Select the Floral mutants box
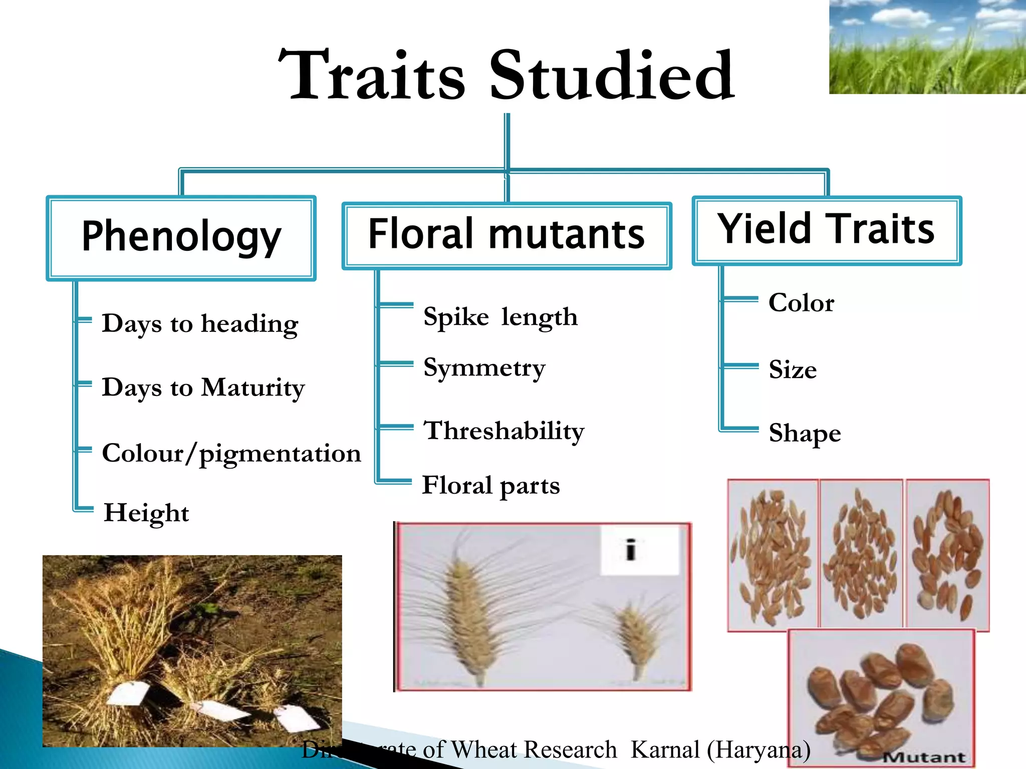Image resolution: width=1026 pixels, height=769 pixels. tap(506, 235)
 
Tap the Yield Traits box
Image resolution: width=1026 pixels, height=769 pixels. tap(826, 230)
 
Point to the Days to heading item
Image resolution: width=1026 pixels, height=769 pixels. tap(200, 324)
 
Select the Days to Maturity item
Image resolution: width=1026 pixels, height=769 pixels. tap(203, 388)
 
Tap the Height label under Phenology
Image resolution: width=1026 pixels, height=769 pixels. tap(146, 513)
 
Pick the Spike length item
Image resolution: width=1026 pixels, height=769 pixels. tap(500, 317)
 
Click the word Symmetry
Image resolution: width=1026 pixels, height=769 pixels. tap(484, 368)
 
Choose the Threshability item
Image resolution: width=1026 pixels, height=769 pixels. tap(504, 431)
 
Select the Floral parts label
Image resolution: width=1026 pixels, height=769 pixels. tap(491, 486)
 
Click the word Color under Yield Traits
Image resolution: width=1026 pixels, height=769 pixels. tap(801, 303)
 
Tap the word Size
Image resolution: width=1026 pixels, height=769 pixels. tap(793, 370)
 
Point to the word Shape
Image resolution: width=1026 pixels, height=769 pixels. tap(805, 434)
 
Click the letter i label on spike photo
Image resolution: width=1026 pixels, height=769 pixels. tap(631, 550)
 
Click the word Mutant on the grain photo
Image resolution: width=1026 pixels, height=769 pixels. tap(924, 756)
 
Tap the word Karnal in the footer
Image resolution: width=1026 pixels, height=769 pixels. tap(665, 749)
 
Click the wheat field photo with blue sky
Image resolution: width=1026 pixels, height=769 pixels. tap(927, 47)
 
